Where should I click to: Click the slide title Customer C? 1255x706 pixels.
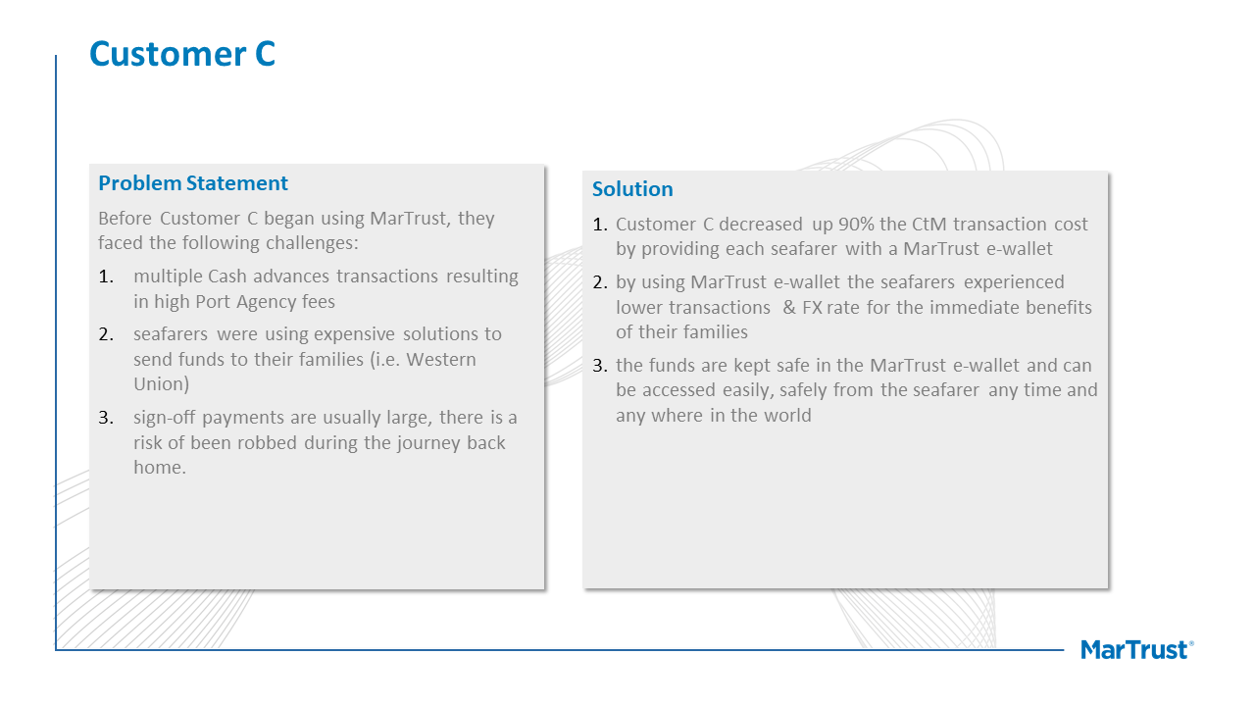(x=182, y=54)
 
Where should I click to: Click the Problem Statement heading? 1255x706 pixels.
(x=193, y=183)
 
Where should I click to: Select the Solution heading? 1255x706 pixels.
(x=632, y=189)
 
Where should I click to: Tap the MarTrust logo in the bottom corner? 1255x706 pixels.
(x=1136, y=649)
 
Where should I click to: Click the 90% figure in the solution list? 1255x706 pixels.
(x=856, y=225)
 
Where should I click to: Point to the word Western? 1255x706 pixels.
(x=441, y=359)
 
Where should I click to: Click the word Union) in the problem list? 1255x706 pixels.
(x=162, y=383)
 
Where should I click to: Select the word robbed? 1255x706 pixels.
(x=267, y=442)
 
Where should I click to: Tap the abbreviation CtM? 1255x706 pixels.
(x=929, y=225)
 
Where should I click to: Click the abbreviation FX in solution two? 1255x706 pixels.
(x=812, y=308)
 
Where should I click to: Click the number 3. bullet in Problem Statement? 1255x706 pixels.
(x=106, y=418)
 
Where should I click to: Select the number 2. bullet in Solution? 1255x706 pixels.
(x=600, y=282)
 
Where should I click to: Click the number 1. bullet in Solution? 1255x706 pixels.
(x=600, y=225)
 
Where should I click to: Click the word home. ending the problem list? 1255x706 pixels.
(x=160, y=468)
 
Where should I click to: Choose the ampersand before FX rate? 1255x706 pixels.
(x=789, y=308)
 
